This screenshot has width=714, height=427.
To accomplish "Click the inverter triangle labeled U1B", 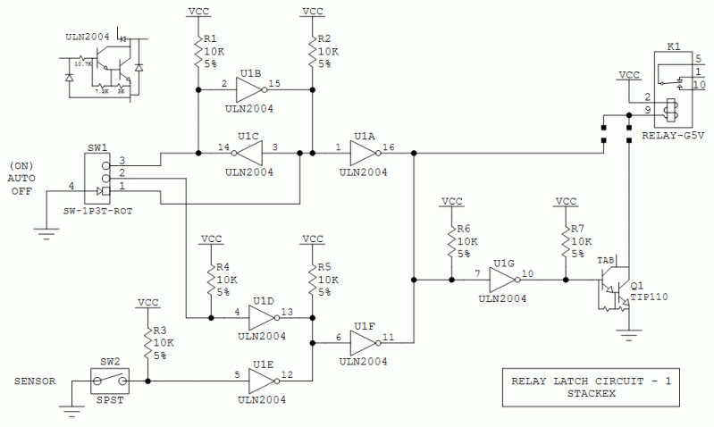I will pos(249,88).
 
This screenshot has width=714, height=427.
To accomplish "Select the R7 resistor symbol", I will pos(565,240).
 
